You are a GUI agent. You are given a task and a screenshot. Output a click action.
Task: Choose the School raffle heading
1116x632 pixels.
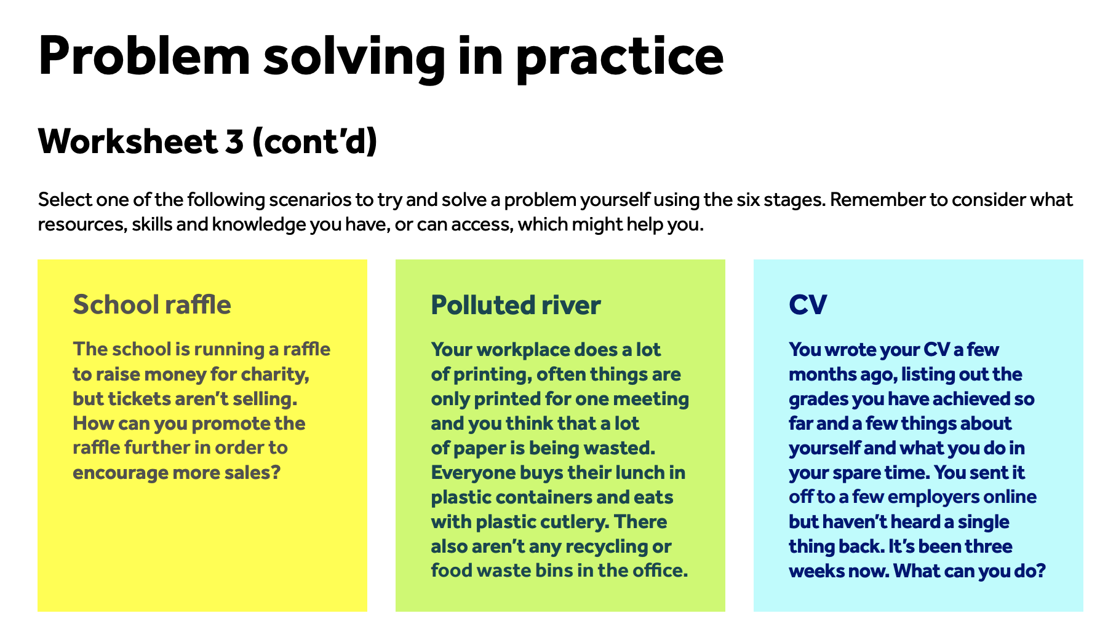152,304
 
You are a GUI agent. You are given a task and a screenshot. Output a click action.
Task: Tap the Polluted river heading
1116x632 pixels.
516,305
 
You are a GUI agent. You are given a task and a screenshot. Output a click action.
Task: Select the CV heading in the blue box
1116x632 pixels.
808,305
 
